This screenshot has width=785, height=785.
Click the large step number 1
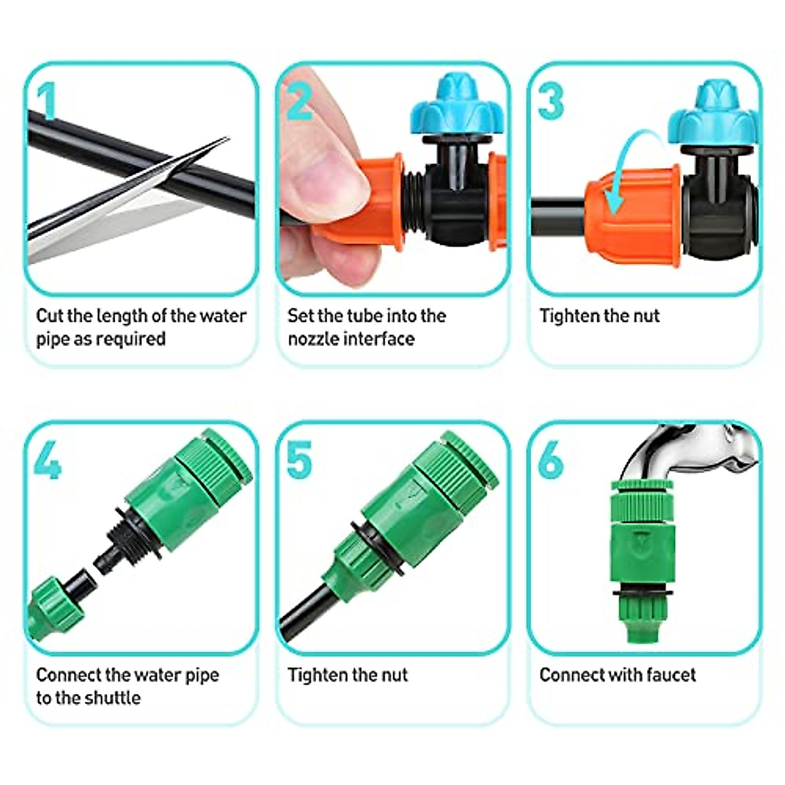(46, 102)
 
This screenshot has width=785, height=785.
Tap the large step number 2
(300, 101)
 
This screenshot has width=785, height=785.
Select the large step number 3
(551, 101)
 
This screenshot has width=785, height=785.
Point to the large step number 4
(47, 460)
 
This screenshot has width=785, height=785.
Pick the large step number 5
(299, 460)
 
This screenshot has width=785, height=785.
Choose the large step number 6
(551, 460)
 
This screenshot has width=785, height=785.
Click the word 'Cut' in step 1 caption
(49, 316)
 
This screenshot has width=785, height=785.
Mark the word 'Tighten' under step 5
(317, 674)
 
